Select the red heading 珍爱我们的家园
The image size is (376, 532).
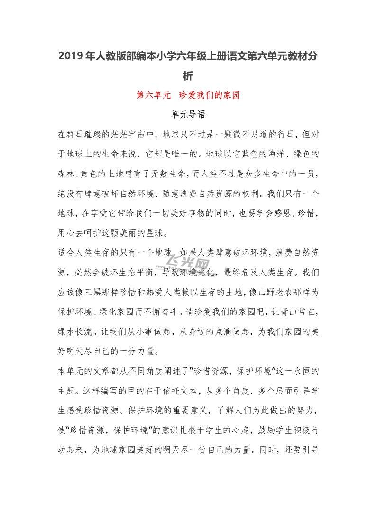[x=210, y=95]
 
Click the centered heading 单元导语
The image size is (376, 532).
[x=188, y=114]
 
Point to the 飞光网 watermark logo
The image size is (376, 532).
[x=193, y=265]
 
